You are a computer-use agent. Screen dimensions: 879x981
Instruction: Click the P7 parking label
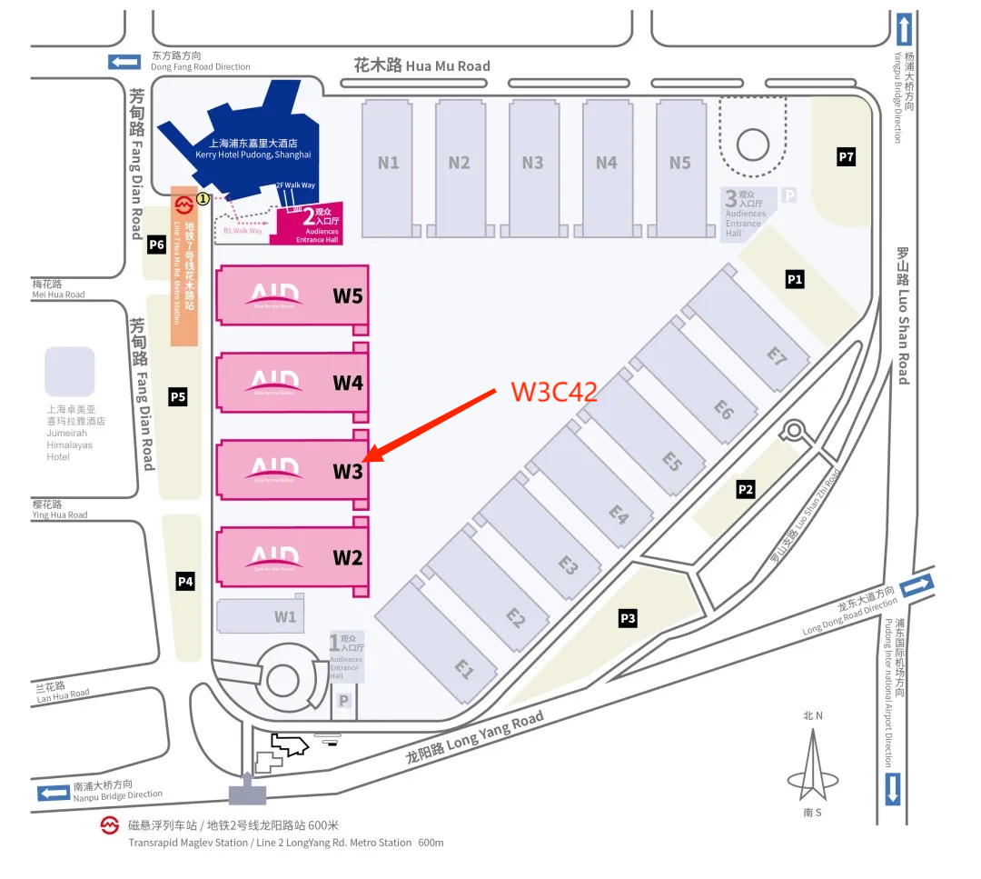coord(847,157)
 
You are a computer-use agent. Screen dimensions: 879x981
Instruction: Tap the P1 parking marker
coord(795,279)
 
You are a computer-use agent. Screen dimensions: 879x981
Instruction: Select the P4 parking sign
coord(185,581)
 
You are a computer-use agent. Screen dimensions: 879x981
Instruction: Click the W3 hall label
coord(348,472)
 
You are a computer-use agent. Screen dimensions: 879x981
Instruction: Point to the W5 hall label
coord(348,296)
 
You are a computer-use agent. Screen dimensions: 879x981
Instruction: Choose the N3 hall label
coord(533,163)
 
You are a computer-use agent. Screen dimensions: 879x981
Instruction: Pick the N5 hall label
coord(680,163)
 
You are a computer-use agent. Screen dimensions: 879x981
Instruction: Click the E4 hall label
coord(619,514)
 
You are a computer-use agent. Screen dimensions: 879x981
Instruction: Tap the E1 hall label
coord(464,670)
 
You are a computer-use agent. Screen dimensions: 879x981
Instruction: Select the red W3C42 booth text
coord(554,392)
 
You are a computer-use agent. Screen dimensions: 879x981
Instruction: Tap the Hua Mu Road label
coord(422,65)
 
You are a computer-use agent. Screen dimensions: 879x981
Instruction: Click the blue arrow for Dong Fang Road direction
coord(124,62)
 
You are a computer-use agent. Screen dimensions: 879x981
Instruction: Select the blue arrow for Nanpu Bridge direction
coord(54,793)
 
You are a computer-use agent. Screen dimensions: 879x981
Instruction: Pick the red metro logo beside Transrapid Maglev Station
coord(110,825)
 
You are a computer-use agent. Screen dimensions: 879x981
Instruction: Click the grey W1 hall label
coord(285,617)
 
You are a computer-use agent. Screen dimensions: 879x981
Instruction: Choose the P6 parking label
coord(156,245)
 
